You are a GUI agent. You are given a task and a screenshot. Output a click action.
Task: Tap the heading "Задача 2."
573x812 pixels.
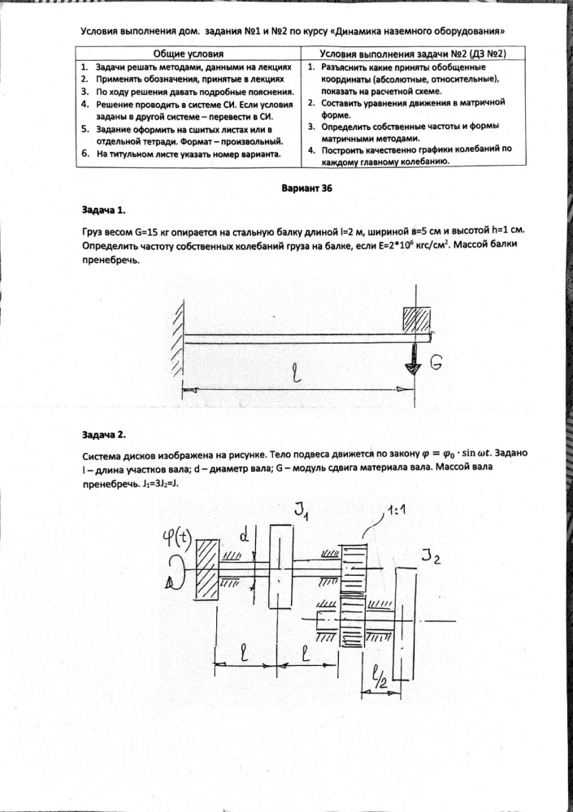(104, 434)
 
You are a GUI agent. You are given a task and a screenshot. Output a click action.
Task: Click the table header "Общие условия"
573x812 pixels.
(189, 52)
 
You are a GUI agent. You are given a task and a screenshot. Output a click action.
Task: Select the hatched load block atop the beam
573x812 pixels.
(416, 319)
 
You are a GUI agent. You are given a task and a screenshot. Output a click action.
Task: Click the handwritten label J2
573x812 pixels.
(432, 557)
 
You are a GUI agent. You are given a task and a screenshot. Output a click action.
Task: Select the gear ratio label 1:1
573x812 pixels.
(398, 512)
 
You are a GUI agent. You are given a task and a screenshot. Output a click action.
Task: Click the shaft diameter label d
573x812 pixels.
(244, 536)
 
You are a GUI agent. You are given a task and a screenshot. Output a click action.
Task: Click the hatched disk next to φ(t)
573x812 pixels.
(207, 569)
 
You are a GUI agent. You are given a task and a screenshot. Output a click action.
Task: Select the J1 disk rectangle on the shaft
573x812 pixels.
(280, 561)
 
